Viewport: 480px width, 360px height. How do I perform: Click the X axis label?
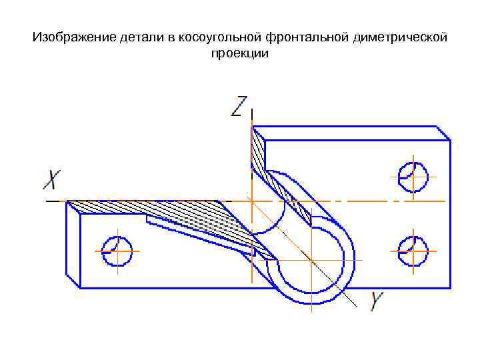[53, 179]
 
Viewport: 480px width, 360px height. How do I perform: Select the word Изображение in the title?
[67, 37]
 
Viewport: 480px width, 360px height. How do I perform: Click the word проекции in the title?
[239, 54]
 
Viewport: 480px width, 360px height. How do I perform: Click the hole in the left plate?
[117, 251]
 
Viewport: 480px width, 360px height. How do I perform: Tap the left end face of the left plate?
[73, 244]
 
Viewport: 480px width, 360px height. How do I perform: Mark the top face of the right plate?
[353, 133]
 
